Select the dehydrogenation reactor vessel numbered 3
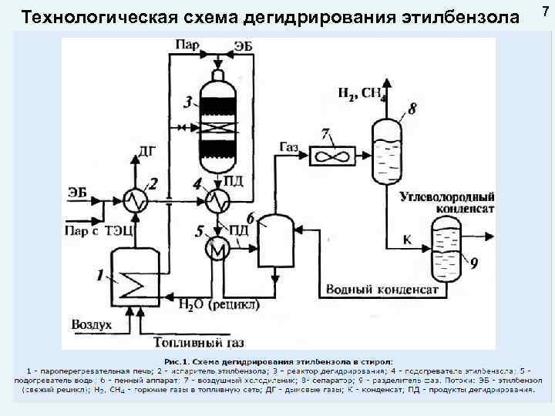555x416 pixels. tap(220, 123)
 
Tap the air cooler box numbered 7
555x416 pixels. tap(332, 154)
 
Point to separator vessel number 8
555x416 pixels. tap(385, 150)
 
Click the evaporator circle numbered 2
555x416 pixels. tap(136, 201)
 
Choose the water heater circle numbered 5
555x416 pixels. tap(217, 248)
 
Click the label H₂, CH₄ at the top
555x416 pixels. tap(361, 95)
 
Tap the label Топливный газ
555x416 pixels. tap(193, 342)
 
